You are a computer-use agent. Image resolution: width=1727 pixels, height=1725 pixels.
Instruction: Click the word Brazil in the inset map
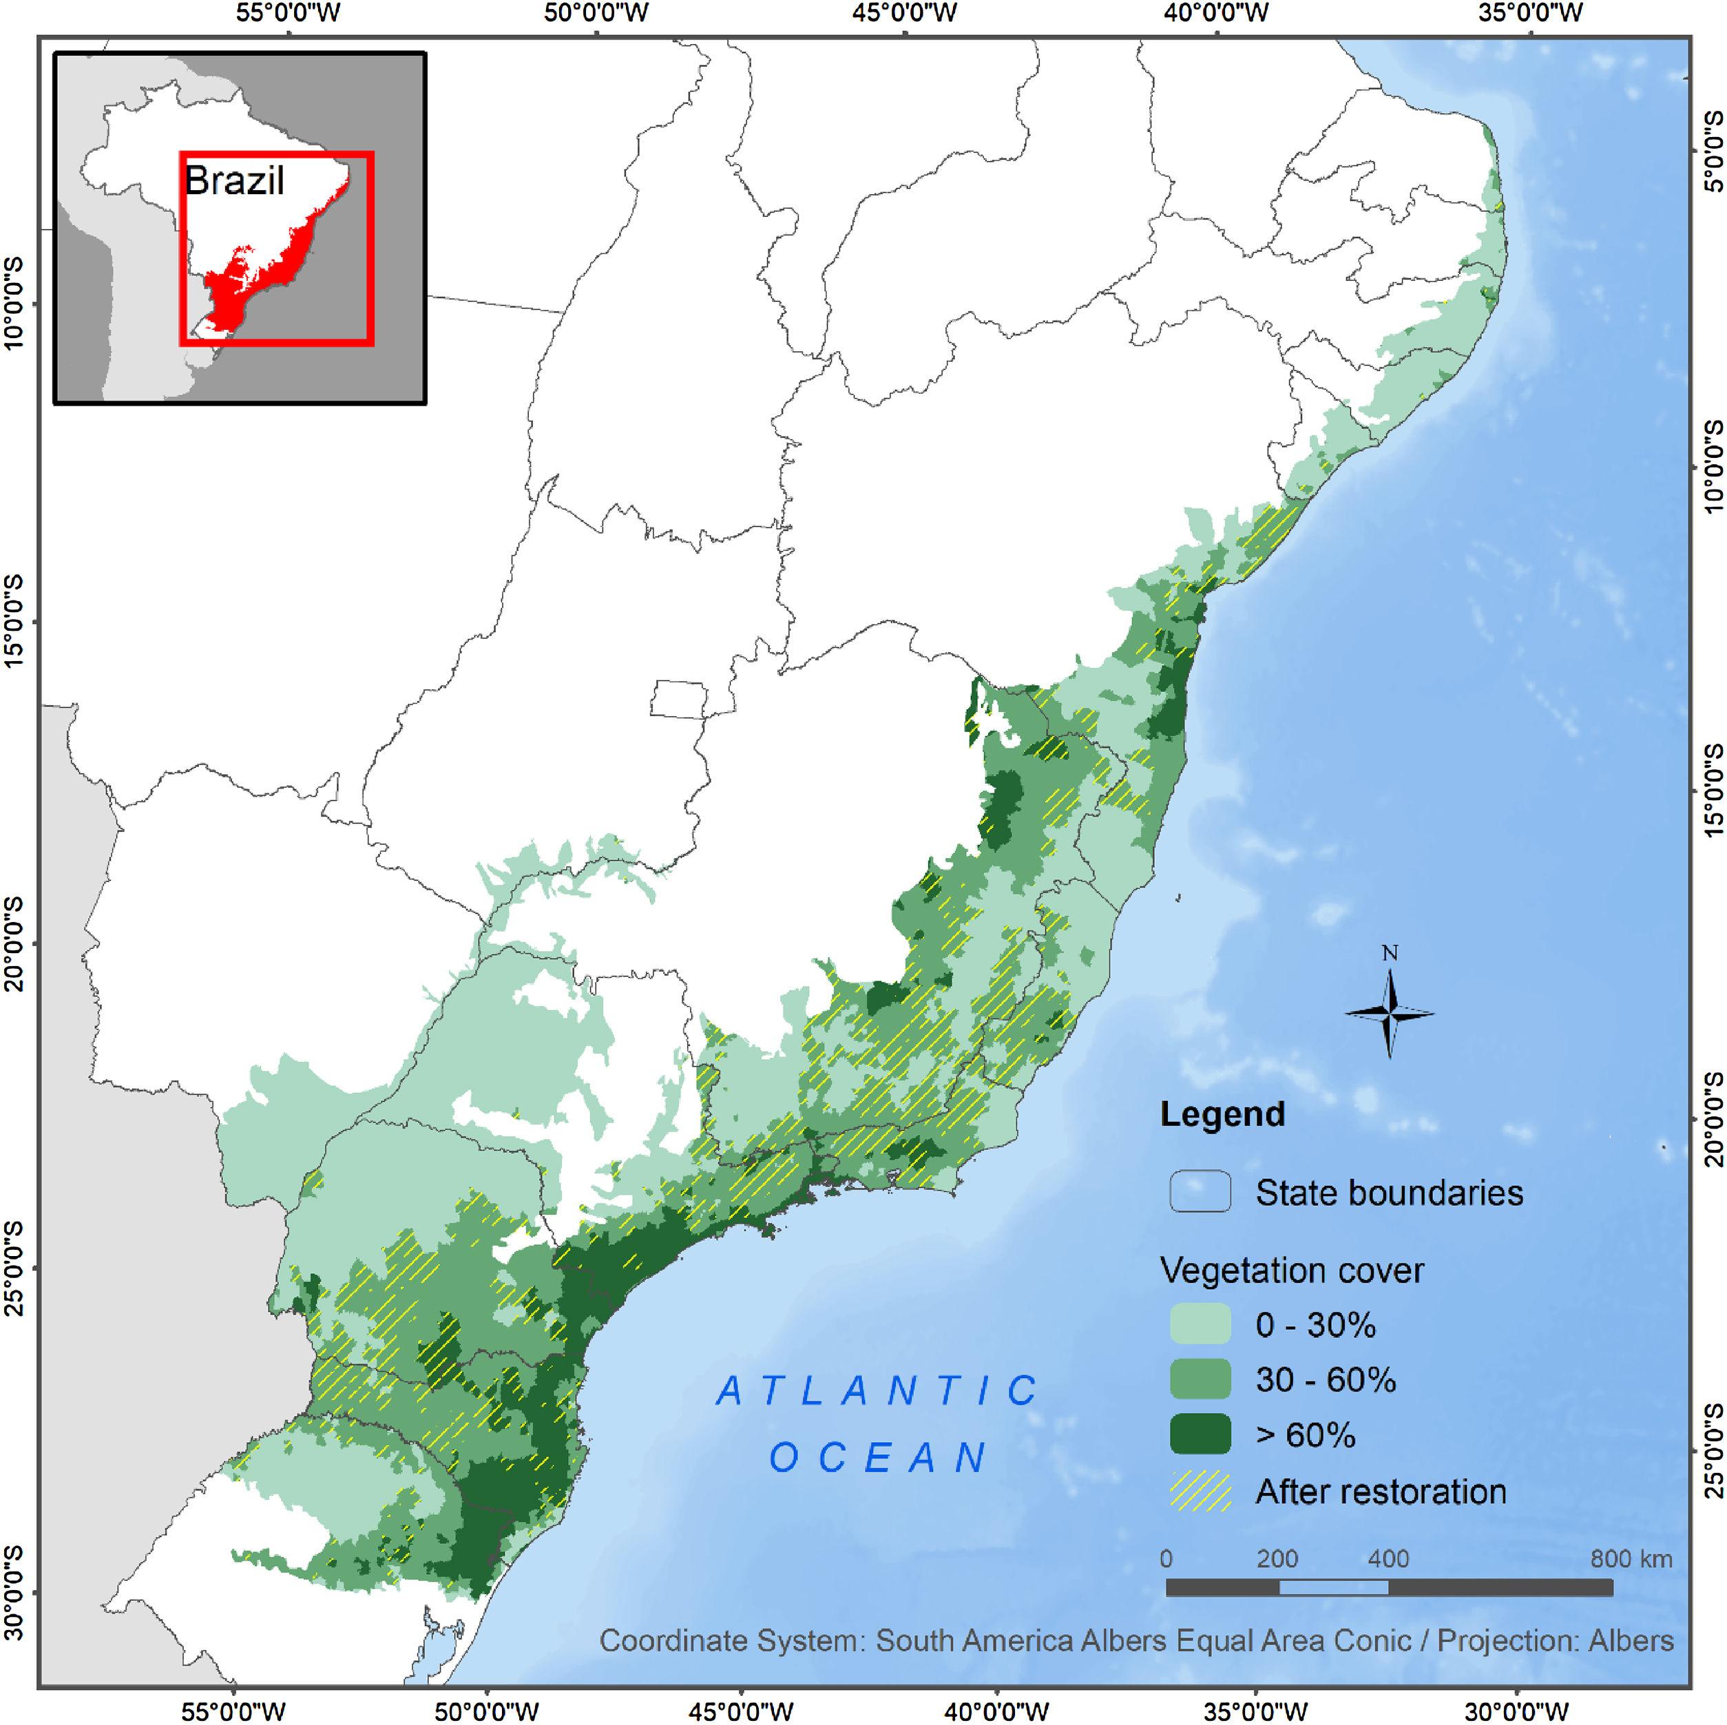(x=234, y=180)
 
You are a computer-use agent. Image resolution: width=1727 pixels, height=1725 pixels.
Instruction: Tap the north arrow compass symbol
(x=1389, y=1013)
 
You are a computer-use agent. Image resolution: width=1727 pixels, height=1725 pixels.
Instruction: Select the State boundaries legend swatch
(x=1200, y=1192)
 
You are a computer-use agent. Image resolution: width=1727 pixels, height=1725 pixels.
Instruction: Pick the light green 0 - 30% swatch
(x=1200, y=1324)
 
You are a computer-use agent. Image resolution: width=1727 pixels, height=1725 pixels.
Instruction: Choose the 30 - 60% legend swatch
(x=1200, y=1379)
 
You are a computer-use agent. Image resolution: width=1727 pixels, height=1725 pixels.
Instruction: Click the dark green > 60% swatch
(x=1200, y=1434)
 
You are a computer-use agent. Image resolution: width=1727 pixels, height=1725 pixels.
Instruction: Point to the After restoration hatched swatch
(x=1200, y=1491)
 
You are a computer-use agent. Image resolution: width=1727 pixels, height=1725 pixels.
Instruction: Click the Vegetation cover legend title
(x=1292, y=1270)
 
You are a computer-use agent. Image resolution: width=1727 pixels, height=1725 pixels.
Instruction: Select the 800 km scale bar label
(x=1631, y=1560)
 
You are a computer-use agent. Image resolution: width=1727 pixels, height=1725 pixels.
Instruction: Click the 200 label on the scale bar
(x=1277, y=1560)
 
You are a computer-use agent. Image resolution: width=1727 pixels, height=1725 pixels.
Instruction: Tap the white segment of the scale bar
(x=1333, y=1587)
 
